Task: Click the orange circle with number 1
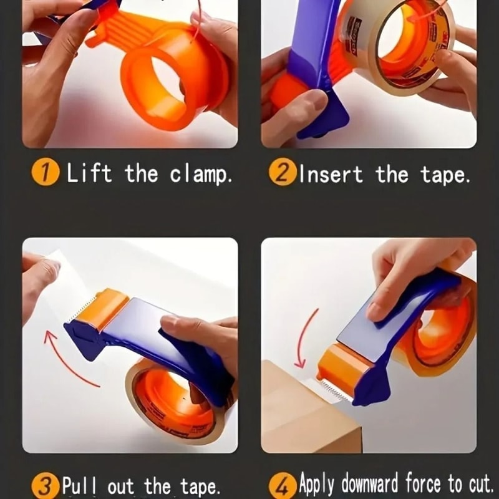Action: coord(46,173)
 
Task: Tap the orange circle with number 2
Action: coord(283,173)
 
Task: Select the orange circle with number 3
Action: coord(46,485)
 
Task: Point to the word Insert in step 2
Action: coord(331,173)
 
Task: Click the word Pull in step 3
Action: coord(81,485)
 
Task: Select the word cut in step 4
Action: coord(477,485)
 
